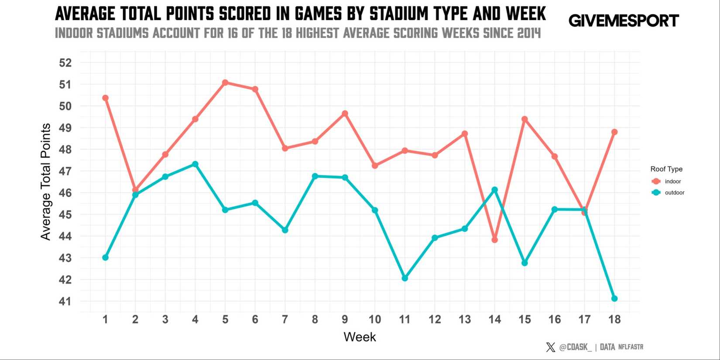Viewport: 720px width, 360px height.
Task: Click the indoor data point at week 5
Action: coord(225,82)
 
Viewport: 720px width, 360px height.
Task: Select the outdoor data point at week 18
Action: coord(614,298)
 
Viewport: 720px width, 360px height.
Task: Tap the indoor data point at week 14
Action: coord(494,240)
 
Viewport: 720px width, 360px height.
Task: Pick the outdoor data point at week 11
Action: coord(405,278)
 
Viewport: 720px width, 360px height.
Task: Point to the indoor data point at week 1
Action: coord(105,98)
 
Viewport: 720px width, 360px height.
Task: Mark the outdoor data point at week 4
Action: coord(195,164)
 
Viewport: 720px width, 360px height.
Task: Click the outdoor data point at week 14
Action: coord(494,190)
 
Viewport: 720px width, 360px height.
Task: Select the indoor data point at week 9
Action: coord(345,113)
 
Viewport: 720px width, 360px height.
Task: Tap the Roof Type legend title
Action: coord(666,169)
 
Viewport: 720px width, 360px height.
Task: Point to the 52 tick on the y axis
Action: coord(65,63)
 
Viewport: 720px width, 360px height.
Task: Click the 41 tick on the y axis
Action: coord(65,302)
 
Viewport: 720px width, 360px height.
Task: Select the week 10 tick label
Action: coord(375,320)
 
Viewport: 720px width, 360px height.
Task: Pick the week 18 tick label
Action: coord(614,320)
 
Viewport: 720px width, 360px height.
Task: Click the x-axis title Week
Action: coord(360,337)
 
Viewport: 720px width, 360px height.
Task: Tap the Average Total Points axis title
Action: coord(46,182)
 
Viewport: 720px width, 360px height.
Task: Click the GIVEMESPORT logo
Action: coord(624,21)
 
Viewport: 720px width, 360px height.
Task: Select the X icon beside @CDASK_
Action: coord(550,347)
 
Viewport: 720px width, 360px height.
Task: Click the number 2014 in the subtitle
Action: coord(529,33)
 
